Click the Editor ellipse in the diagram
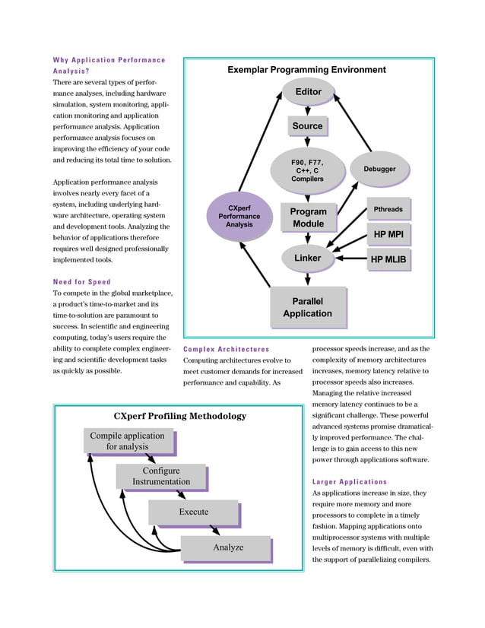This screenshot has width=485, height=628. (307, 92)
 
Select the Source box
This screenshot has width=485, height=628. (307, 126)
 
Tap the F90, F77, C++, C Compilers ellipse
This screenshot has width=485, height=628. (307, 170)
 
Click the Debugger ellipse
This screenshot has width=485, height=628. (379, 169)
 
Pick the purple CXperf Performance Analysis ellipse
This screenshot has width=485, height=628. (239, 216)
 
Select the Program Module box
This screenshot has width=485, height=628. (308, 217)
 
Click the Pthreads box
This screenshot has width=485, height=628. (388, 209)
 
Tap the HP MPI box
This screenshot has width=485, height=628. (388, 234)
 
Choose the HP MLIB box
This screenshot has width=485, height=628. (388, 259)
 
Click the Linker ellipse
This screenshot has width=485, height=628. (307, 258)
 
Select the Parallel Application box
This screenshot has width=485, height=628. (307, 306)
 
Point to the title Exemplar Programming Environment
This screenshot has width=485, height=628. (306, 70)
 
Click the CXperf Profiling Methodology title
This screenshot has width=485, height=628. (179, 416)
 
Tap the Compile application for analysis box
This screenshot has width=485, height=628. (127, 441)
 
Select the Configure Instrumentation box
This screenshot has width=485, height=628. (160, 476)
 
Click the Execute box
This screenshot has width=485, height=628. (193, 512)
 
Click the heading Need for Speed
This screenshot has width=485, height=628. (81, 282)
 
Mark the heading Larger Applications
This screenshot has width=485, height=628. (350, 481)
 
